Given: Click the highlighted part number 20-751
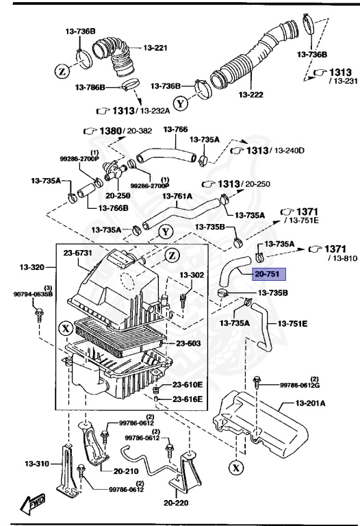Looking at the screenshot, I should click(x=268, y=275).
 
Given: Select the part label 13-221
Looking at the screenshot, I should click(x=155, y=48).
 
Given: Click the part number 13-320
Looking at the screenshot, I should click(x=32, y=266).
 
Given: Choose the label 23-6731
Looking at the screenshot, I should click(x=78, y=253).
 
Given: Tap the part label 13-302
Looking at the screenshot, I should click(x=192, y=275).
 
